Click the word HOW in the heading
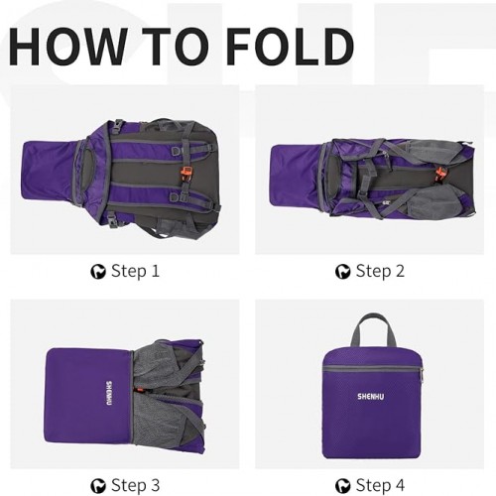67,47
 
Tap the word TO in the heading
176,47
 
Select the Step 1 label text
135,271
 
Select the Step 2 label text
380,271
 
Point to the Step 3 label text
136,485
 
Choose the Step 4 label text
380,485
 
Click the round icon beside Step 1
98,272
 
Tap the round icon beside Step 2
342,272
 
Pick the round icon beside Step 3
98,486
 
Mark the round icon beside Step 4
342,486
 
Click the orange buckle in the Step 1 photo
186,175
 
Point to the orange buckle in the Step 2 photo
440,175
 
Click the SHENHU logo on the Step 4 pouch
371,396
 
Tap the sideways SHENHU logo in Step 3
109,394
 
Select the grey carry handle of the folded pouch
373,330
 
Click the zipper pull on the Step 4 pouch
422,375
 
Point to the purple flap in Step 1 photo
50,171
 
